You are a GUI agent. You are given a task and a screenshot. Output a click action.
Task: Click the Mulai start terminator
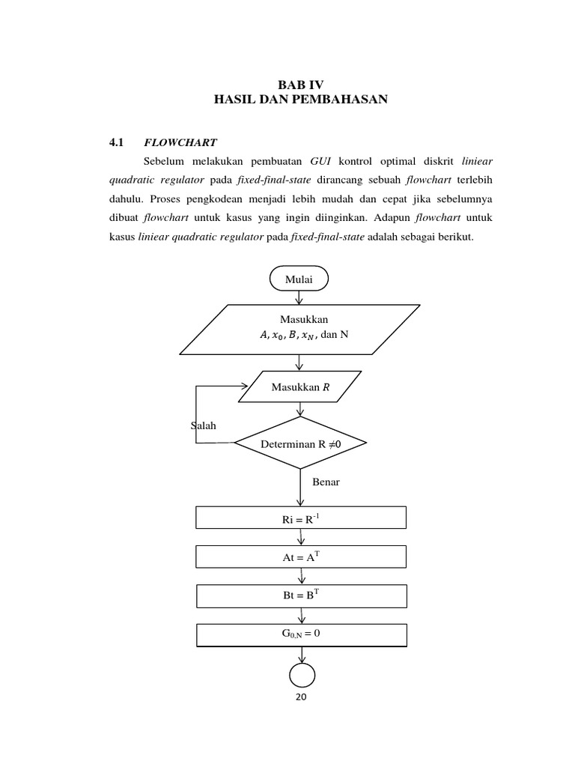point(299,279)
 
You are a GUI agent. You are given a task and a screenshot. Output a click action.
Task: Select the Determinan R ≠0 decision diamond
point(300,443)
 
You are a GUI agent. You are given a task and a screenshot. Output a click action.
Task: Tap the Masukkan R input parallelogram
point(300,387)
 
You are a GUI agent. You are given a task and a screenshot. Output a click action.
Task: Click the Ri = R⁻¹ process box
point(300,518)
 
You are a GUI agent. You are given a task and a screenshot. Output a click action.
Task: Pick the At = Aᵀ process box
point(300,557)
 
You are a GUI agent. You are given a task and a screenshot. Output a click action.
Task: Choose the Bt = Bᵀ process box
point(300,595)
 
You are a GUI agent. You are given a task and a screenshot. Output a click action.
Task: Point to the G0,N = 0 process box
point(300,634)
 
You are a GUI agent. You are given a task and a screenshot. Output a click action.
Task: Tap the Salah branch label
point(204,425)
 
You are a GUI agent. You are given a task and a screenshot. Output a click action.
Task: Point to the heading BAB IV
point(300,85)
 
